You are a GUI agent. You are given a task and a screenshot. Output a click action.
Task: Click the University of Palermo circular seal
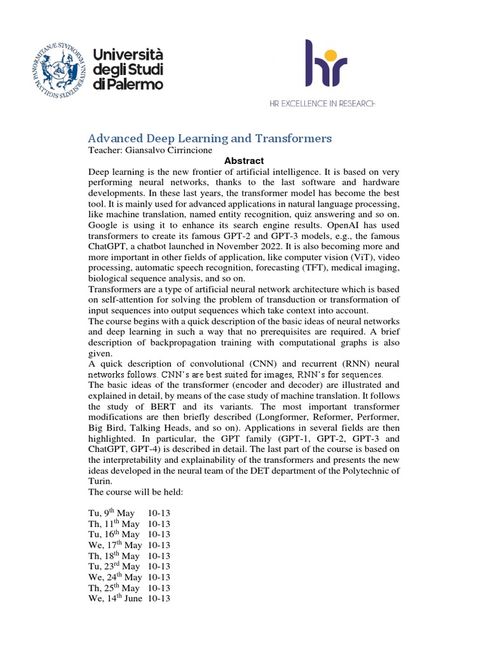coord(58,67)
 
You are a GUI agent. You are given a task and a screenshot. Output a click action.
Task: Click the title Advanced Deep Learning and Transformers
coord(210,138)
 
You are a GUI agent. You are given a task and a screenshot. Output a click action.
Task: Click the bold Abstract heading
coord(244,161)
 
